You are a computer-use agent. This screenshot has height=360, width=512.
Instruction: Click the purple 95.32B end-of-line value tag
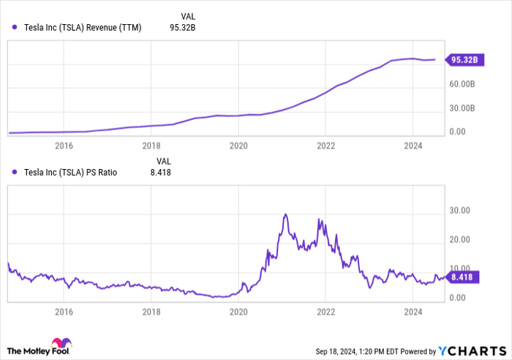[463, 60]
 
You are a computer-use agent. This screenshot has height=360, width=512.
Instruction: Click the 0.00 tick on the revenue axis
[457, 132]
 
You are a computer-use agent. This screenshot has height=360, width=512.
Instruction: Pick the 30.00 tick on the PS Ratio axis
[460, 210]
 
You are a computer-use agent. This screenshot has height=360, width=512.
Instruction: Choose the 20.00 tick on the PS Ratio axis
[460, 239]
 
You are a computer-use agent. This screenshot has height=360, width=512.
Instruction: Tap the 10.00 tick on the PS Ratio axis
[460, 269]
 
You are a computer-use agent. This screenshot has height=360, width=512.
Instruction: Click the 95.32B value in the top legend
[182, 28]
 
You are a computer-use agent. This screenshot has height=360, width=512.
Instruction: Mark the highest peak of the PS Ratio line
[285, 214]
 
